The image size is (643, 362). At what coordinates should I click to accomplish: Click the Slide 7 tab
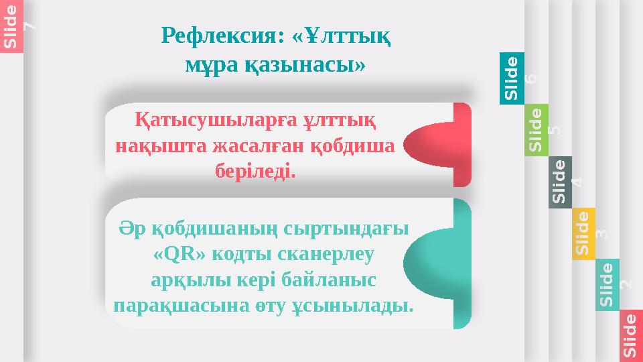coord(11,25)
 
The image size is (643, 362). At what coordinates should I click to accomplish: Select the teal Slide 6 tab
coord(512,78)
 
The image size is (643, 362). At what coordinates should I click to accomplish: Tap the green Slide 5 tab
coord(537,129)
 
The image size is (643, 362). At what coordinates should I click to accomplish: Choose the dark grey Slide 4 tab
coord(561,182)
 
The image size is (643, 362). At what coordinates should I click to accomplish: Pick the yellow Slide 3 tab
coord(584,233)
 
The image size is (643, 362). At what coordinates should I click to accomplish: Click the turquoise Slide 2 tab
coord(608,285)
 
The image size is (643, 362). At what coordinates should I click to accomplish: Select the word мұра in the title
coord(209,65)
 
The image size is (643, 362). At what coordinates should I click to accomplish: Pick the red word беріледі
coord(255,170)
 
